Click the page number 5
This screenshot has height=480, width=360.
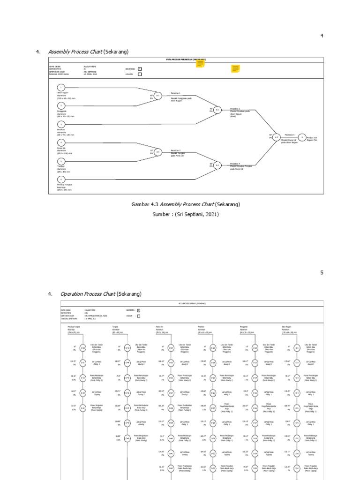click(322, 272)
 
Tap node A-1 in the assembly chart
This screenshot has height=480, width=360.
click(158, 96)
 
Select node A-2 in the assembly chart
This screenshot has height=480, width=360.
click(217, 110)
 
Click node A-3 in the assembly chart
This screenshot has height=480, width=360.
click(158, 152)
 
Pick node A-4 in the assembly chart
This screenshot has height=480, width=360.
click(217, 165)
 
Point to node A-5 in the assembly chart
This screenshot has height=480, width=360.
click(277, 137)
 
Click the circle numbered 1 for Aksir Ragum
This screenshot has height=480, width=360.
click(60, 88)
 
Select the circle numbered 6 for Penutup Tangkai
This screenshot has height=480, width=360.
click(60, 179)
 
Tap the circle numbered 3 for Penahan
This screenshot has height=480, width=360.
click(60, 124)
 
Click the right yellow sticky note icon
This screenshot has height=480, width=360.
click(235, 69)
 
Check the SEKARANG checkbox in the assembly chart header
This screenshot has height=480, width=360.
click(140, 69)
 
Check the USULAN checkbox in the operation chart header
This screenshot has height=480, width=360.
click(138, 316)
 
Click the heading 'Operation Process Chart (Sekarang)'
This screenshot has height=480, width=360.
click(101, 294)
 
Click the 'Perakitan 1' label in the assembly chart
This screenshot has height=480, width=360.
click(176, 93)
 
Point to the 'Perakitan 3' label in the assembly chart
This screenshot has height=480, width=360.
click(176, 150)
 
